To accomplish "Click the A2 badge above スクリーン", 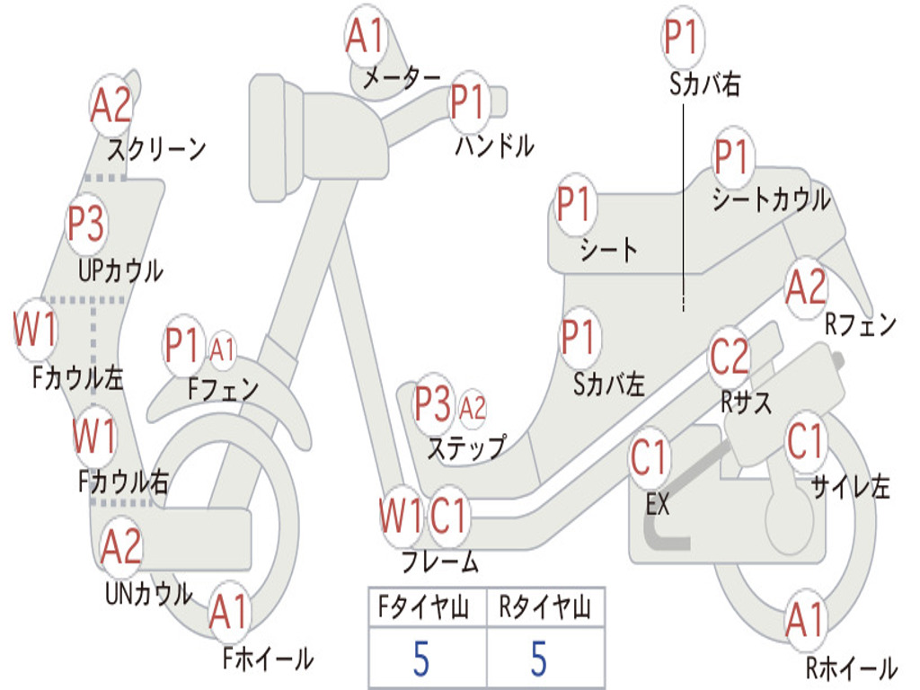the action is tap(111, 106).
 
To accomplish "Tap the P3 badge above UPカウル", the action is tap(86, 224).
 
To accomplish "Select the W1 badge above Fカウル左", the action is tap(36, 329).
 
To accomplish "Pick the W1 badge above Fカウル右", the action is tap(93, 436).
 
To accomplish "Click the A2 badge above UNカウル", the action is tap(121, 546).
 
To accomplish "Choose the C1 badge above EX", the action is tap(650, 457).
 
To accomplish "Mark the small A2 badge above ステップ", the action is tap(473, 407).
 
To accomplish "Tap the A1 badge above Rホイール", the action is tap(806, 620).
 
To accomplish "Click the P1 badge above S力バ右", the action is tap(683, 37).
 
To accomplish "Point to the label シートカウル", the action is tap(771, 199).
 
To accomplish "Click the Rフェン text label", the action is tap(861, 323).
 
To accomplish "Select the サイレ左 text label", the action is tap(851, 486).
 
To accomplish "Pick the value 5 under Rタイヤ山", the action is tap(539, 659).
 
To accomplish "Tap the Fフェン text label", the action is tap(223, 388).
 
